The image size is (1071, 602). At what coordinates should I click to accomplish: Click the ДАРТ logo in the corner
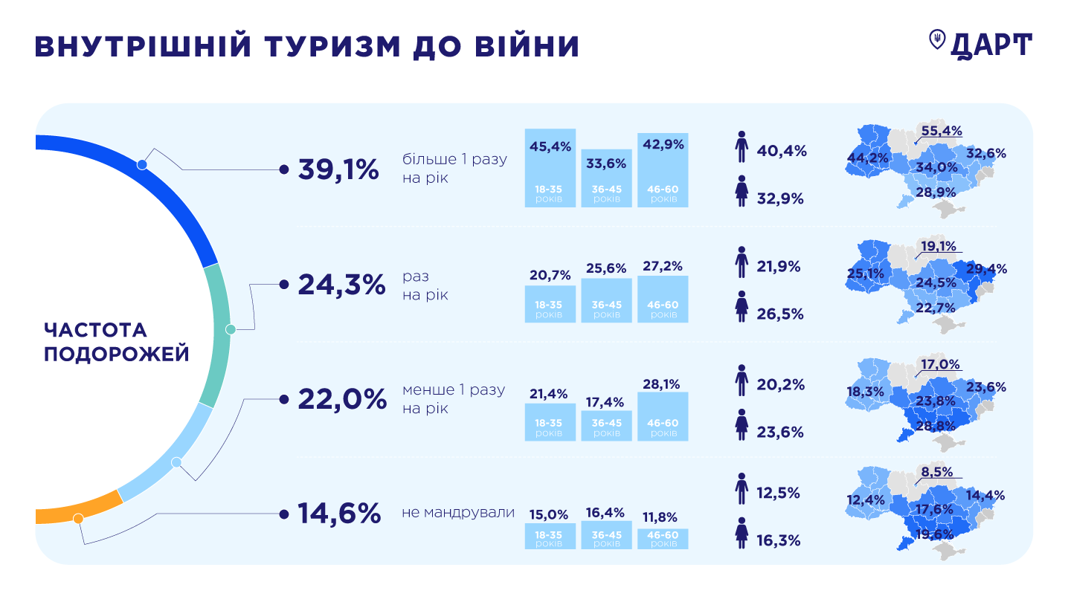(982, 45)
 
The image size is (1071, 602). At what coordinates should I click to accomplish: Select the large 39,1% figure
(338, 169)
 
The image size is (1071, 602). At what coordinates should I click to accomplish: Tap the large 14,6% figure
(339, 514)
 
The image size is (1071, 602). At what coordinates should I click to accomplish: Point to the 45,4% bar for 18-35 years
(550, 168)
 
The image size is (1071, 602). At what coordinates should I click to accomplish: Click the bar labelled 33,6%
(607, 178)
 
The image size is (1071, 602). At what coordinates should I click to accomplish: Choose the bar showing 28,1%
(663, 416)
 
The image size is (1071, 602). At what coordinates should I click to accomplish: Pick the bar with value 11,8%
(663, 538)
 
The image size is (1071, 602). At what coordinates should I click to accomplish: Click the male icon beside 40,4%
(741, 148)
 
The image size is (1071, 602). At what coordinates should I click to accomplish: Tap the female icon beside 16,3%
(741, 533)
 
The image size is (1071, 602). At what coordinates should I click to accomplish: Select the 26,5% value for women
(780, 314)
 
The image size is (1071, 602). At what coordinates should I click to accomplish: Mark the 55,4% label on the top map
(941, 131)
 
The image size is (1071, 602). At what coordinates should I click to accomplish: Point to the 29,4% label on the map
(986, 269)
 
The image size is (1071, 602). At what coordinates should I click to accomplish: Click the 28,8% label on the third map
(936, 426)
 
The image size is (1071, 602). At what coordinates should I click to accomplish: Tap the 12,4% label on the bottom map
(866, 501)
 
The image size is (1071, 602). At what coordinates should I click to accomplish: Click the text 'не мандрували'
(457, 513)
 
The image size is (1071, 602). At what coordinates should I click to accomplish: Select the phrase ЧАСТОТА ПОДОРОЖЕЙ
(116, 342)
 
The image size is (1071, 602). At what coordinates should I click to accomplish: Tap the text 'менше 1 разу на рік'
(453, 399)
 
